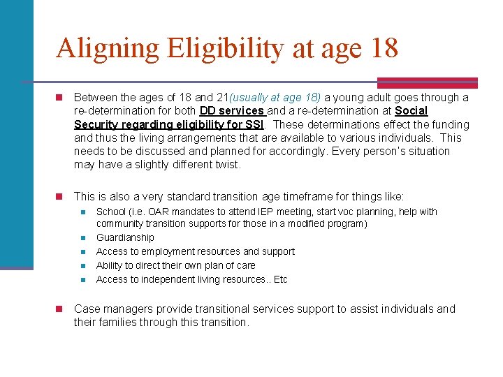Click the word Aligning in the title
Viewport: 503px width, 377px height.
click(x=108, y=49)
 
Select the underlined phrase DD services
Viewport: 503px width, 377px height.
click(x=232, y=111)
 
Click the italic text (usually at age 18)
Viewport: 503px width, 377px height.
click(x=275, y=98)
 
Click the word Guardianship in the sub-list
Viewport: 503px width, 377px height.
click(x=125, y=237)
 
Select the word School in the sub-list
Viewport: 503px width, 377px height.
click(x=111, y=212)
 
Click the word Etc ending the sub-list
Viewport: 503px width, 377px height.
click(x=280, y=279)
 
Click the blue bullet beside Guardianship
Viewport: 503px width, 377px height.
click(x=82, y=238)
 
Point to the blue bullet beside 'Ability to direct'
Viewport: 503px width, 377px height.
click(x=82, y=266)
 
